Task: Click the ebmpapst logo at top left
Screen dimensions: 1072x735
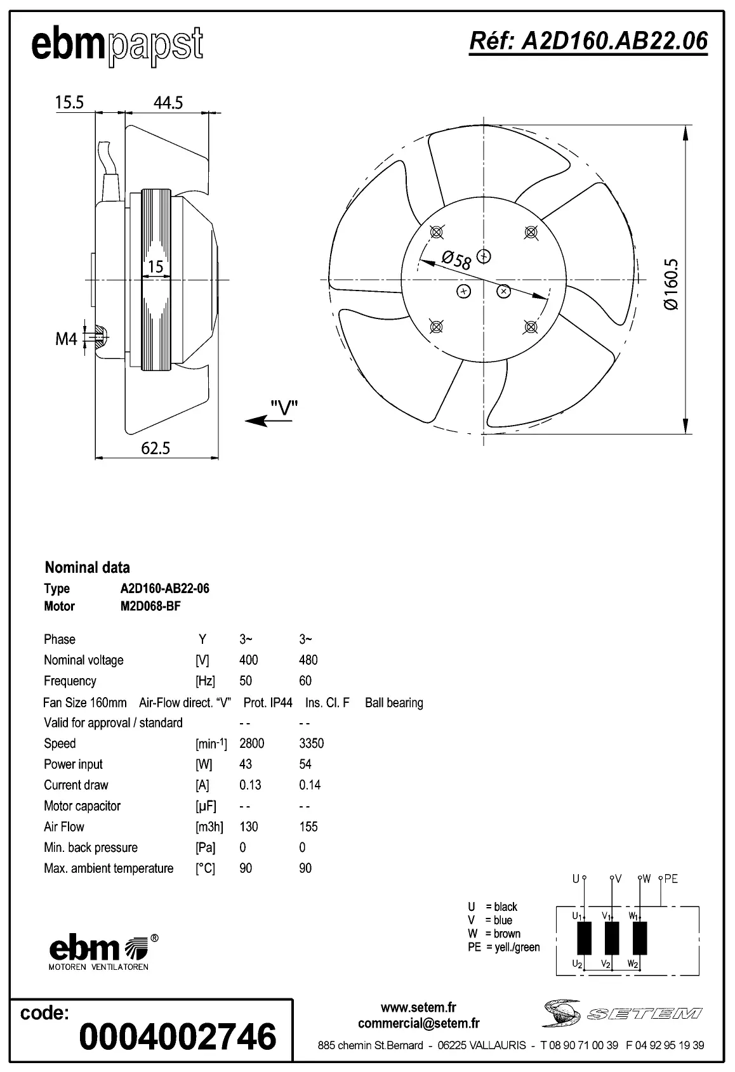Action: click(117, 45)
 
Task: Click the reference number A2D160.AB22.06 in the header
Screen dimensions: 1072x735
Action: click(588, 41)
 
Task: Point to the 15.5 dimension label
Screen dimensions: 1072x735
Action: click(69, 102)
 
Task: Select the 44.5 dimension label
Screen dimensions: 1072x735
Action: click(168, 102)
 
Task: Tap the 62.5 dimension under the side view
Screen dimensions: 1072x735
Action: click(156, 448)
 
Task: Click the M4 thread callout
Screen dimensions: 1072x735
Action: click(66, 339)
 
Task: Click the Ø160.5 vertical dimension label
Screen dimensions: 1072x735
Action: click(672, 284)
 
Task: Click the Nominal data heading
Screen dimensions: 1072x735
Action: click(87, 567)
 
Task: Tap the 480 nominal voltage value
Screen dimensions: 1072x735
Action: click(308, 660)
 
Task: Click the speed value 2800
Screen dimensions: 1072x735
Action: click(251, 743)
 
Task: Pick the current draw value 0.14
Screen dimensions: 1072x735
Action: click(310, 785)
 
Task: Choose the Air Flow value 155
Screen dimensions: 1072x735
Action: click(308, 827)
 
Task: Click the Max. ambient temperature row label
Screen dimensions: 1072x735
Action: click(109, 868)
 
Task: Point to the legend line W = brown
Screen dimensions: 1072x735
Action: click(494, 934)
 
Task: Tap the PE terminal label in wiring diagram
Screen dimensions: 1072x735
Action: click(671, 879)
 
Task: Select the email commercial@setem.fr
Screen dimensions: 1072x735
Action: click(418, 1023)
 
